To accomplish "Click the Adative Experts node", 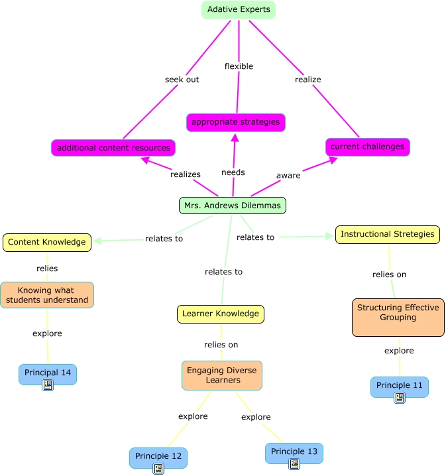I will [238, 10].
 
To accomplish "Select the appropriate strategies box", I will [235, 123].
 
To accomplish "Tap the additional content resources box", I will [113, 148].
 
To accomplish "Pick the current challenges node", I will [367, 147].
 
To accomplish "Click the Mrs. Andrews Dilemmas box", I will [232, 206].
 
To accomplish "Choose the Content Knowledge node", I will [46, 243].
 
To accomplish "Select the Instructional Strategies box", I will [387, 234].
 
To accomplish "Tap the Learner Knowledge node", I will [221, 314].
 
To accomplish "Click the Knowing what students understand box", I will [47, 295].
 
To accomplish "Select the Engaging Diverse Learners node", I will [221, 375].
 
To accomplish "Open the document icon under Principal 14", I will [48, 385].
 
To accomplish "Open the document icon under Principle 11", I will [399, 398].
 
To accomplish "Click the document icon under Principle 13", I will [294, 464].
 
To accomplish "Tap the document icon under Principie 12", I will [158, 469].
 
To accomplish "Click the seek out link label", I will [182, 80].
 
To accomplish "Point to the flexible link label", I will [239, 66].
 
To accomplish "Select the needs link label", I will [233, 172].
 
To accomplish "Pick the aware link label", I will [288, 176].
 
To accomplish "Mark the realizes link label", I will [185, 174].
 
